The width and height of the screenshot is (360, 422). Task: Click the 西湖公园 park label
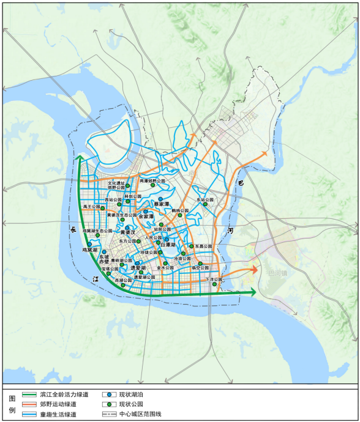123,280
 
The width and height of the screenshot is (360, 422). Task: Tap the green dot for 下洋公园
214,284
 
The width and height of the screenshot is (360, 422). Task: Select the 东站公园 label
206,200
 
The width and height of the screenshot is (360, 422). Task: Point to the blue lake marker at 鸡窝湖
90,244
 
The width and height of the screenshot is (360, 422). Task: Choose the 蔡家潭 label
161,205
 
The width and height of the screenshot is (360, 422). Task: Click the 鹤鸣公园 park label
180,210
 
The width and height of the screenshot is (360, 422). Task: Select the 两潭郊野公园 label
152,181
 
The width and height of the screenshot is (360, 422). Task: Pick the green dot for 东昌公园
192,246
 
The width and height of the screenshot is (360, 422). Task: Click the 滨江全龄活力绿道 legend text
64,394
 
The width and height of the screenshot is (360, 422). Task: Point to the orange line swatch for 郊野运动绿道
29,404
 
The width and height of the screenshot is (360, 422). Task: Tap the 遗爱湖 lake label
137,268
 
